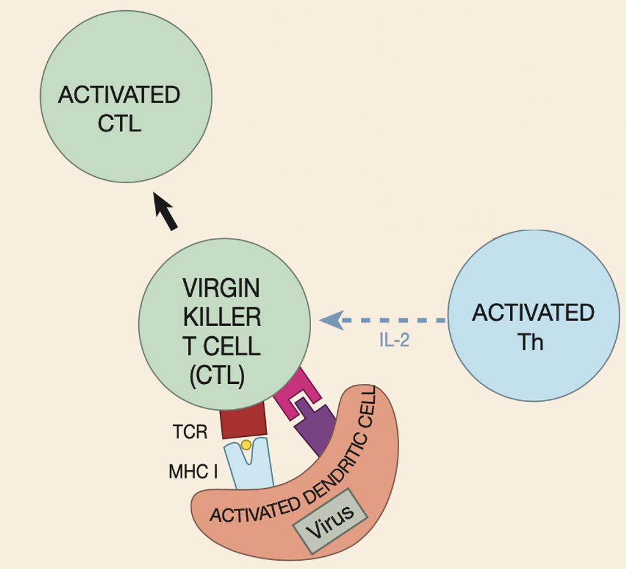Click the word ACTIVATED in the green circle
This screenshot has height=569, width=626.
(x=119, y=94)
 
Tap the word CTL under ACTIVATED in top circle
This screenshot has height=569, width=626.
(x=119, y=123)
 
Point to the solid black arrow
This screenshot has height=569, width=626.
(x=165, y=211)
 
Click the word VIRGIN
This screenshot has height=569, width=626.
(x=221, y=288)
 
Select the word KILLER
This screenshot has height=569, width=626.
(x=222, y=317)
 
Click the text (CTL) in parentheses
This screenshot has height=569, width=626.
(x=217, y=375)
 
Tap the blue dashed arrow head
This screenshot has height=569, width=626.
(x=331, y=320)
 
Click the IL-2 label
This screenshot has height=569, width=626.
(x=394, y=340)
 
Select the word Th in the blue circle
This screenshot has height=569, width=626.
(x=530, y=342)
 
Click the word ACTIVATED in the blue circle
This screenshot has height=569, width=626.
(x=534, y=313)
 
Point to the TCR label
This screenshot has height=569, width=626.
(x=190, y=432)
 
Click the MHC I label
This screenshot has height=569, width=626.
(x=193, y=471)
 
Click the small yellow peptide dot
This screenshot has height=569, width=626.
(x=246, y=445)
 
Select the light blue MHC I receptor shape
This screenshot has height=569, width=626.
(x=249, y=464)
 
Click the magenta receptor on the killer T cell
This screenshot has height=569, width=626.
(x=298, y=394)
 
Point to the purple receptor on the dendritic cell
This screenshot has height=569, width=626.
(x=315, y=427)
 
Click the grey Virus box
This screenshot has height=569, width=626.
(x=330, y=521)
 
